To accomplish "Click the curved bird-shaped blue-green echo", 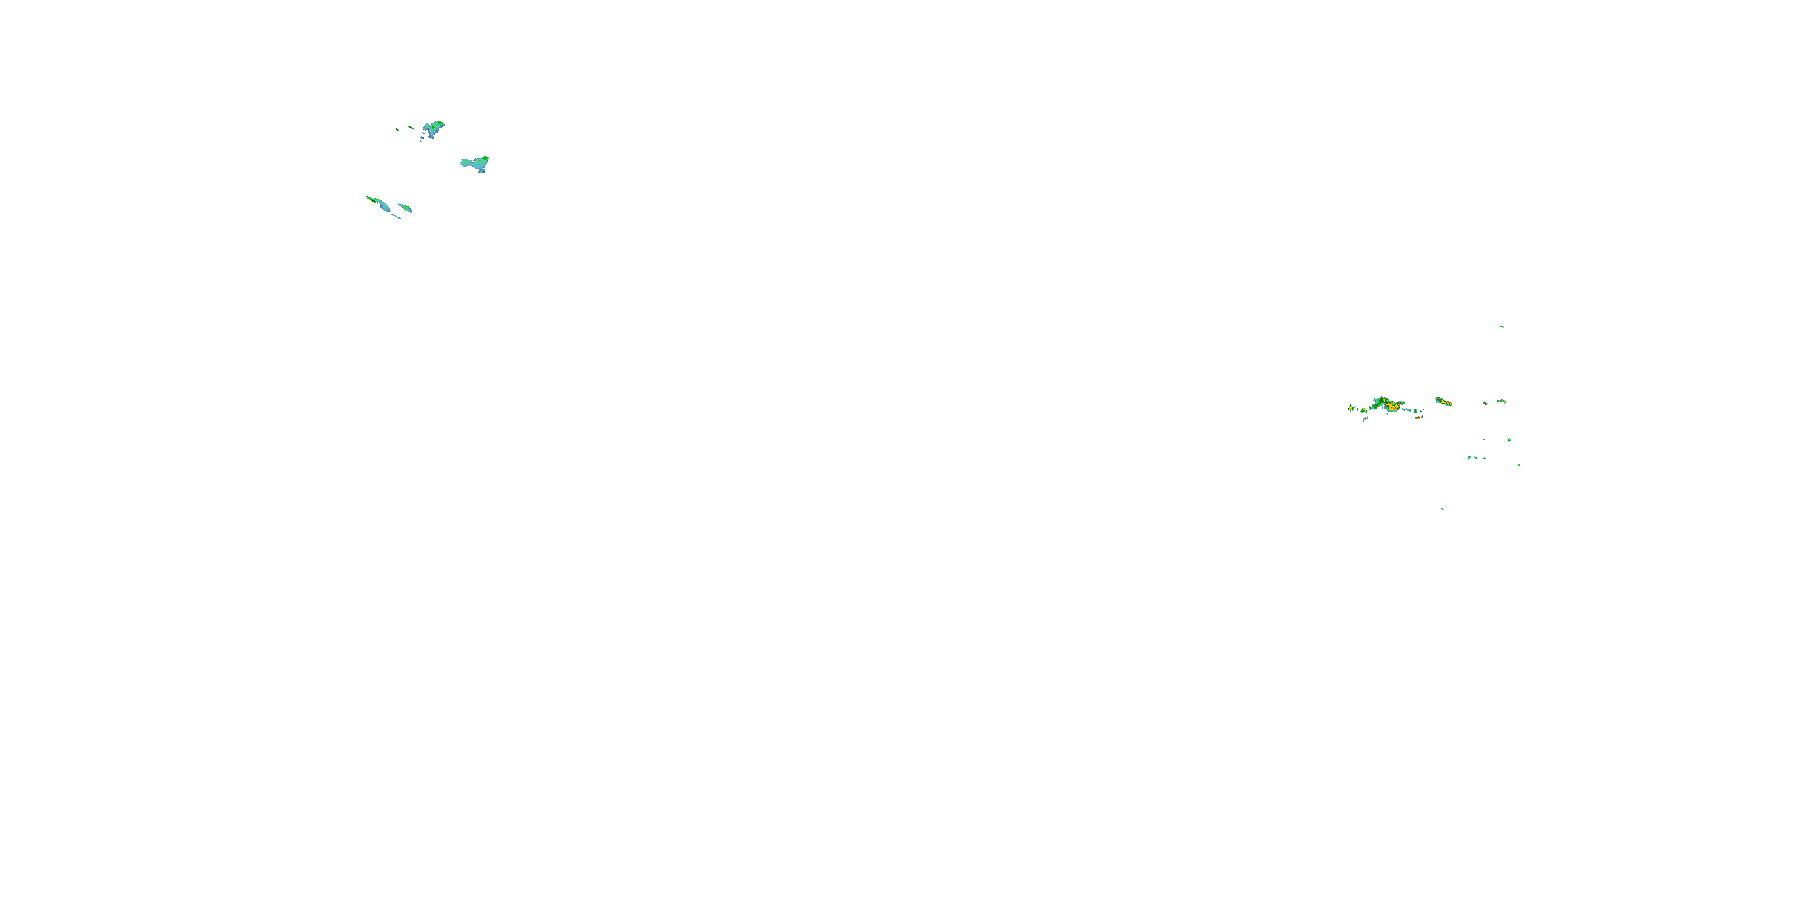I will click(433, 128).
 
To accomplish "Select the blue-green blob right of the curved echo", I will click(475, 163).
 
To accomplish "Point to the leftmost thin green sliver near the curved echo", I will click(398, 128).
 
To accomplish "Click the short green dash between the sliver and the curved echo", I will click(411, 128).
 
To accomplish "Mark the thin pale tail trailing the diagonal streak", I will click(397, 215).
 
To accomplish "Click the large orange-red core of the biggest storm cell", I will click(1393, 407).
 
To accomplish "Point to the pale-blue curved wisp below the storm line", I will click(1366, 419).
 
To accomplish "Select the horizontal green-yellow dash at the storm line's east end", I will click(1501, 401).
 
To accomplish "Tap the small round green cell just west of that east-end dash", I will click(1486, 403).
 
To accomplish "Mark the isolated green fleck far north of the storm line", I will click(1501, 326).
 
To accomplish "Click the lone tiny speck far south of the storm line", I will click(1443, 508).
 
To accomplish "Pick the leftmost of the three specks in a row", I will click(1469, 458).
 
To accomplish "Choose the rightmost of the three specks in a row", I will click(1484, 458).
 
